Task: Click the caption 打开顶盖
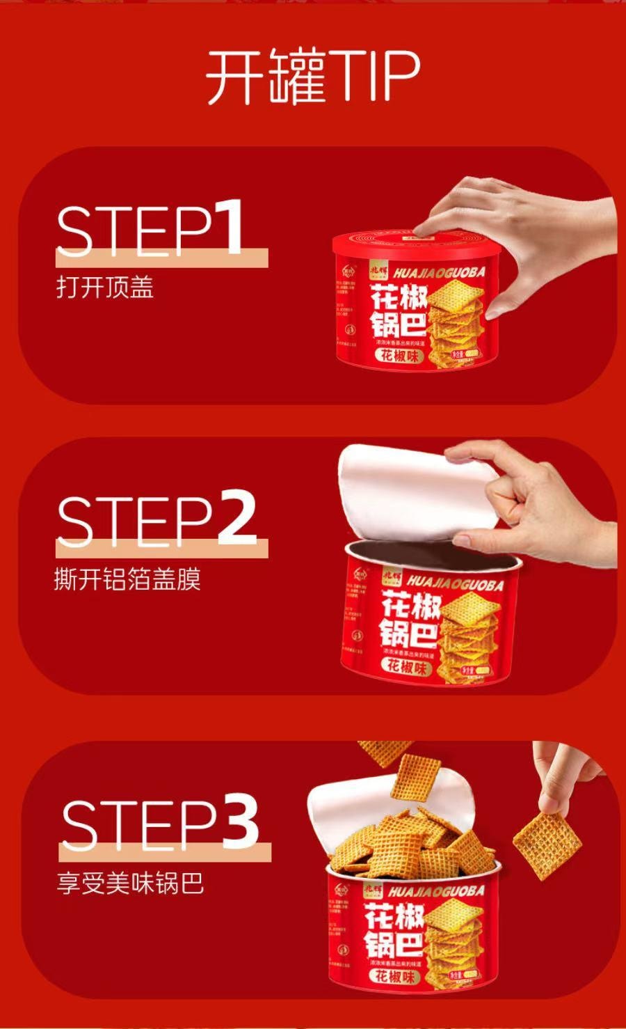pos(104,288)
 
